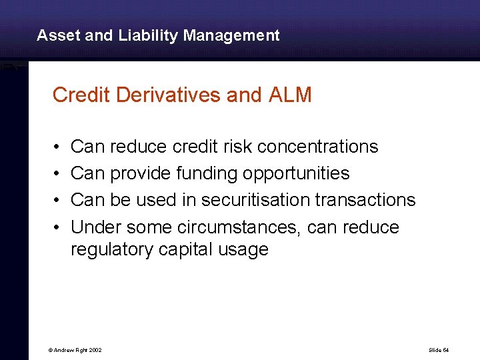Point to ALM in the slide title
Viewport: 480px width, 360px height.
point(290,95)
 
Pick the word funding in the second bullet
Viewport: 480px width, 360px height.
point(207,173)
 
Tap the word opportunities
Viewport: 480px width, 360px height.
point(296,174)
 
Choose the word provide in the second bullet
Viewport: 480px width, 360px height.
point(141,173)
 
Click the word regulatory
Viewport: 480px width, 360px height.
point(113,250)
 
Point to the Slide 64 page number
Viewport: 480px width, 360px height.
point(439,350)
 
